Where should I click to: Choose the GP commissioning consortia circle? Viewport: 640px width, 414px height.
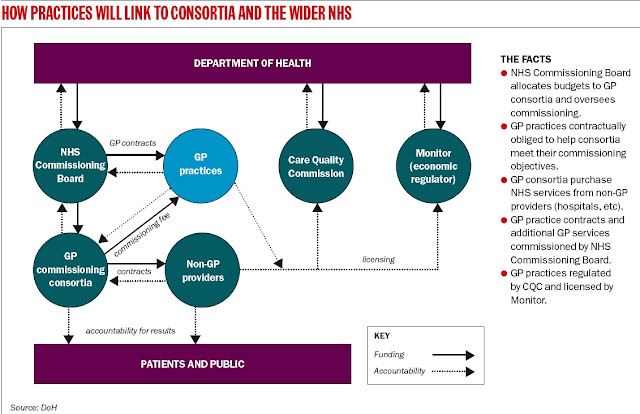[69, 265]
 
